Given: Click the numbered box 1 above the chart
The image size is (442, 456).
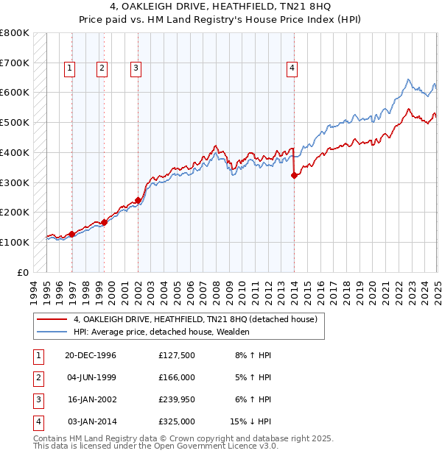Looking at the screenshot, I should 69,68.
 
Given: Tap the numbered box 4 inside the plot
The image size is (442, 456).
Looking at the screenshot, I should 292,68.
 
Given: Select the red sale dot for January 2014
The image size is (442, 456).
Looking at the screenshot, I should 294,175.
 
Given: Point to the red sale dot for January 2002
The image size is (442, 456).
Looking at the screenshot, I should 138,200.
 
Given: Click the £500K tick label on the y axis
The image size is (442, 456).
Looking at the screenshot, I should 14,122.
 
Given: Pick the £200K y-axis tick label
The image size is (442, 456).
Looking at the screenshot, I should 14,212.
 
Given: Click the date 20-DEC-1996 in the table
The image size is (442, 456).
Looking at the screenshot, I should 91,355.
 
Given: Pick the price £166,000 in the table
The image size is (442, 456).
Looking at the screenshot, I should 177,377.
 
